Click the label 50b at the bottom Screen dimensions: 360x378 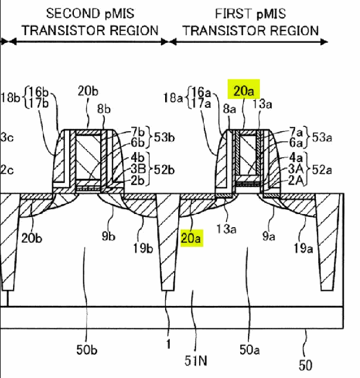click(x=87, y=349)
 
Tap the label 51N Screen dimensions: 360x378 click(x=196, y=361)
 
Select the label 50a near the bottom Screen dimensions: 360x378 click(x=250, y=349)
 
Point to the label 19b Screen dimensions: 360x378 click(x=143, y=248)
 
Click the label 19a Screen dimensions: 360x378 click(x=303, y=248)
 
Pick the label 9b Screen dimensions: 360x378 click(x=108, y=236)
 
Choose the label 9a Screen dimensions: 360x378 click(x=269, y=236)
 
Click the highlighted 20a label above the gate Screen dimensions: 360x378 click(x=244, y=91)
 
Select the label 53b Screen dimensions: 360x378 click(x=165, y=137)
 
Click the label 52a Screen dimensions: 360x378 click(x=322, y=170)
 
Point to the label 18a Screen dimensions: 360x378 click(x=173, y=98)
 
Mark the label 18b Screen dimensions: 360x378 click(x=10, y=98)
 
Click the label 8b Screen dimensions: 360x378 click(x=104, y=109)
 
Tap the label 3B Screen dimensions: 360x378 click(x=138, y=169)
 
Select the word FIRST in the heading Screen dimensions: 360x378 click(x=233, y=14)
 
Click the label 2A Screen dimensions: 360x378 click(x=296, y=180)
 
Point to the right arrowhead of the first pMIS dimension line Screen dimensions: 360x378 click(x=324, y=42)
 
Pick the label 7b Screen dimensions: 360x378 click(x=138, y=132)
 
